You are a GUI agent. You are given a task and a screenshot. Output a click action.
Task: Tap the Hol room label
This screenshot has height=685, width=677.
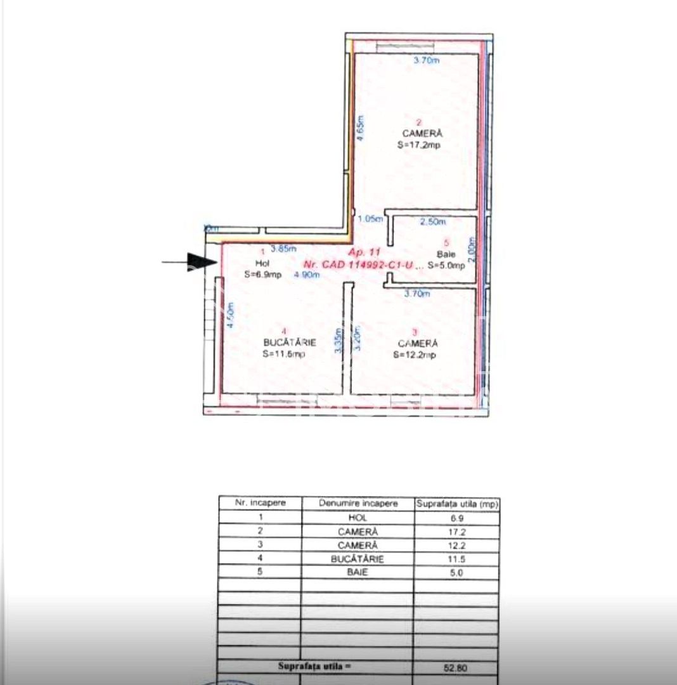point(262,263)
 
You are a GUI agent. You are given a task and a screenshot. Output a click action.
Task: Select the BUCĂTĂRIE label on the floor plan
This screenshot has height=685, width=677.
point(285,342)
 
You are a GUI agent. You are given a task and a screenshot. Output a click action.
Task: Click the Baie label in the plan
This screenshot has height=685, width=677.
point(446,254)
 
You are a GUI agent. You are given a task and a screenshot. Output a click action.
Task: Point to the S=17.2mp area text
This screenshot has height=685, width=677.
point(418,145)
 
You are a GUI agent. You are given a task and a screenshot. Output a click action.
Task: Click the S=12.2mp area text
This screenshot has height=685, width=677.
point(414,355)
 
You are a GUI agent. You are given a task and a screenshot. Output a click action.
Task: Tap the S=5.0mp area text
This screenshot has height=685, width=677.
point(446,265)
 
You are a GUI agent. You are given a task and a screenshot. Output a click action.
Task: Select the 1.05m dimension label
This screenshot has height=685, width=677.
point(371,219)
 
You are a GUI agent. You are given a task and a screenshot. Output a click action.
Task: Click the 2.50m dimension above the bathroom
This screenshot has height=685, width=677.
point(434,222)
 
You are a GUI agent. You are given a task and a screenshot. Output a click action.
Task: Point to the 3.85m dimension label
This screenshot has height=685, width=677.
point(283,249)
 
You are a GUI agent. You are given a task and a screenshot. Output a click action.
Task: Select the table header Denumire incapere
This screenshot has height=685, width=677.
point(358,503)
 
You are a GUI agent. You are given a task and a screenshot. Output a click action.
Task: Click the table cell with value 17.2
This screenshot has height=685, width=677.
point(456,532)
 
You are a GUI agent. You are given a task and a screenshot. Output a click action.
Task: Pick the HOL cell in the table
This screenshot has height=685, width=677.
point(358,518)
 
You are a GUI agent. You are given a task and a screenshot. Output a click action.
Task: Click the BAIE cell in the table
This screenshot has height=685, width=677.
point(358,573)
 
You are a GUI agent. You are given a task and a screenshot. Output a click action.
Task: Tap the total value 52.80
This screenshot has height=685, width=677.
point(456,667)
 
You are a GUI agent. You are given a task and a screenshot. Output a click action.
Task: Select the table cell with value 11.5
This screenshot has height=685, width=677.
point(456,559)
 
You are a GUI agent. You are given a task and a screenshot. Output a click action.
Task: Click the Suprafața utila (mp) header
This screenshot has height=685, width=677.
point(457,504)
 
